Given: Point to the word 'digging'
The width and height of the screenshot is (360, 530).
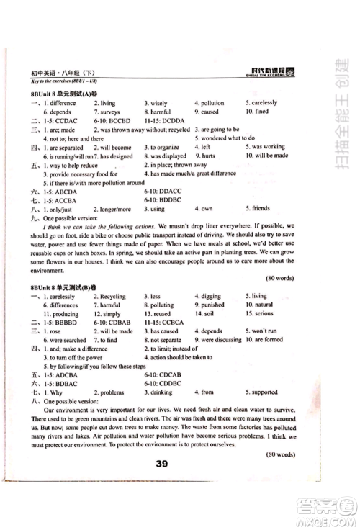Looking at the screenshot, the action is pos(211,296).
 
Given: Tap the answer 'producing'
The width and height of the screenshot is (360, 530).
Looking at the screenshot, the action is pos(62,314).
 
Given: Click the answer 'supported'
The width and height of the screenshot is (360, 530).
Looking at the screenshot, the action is pos(264,392).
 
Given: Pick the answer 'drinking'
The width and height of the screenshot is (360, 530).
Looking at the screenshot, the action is pos(161,392).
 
